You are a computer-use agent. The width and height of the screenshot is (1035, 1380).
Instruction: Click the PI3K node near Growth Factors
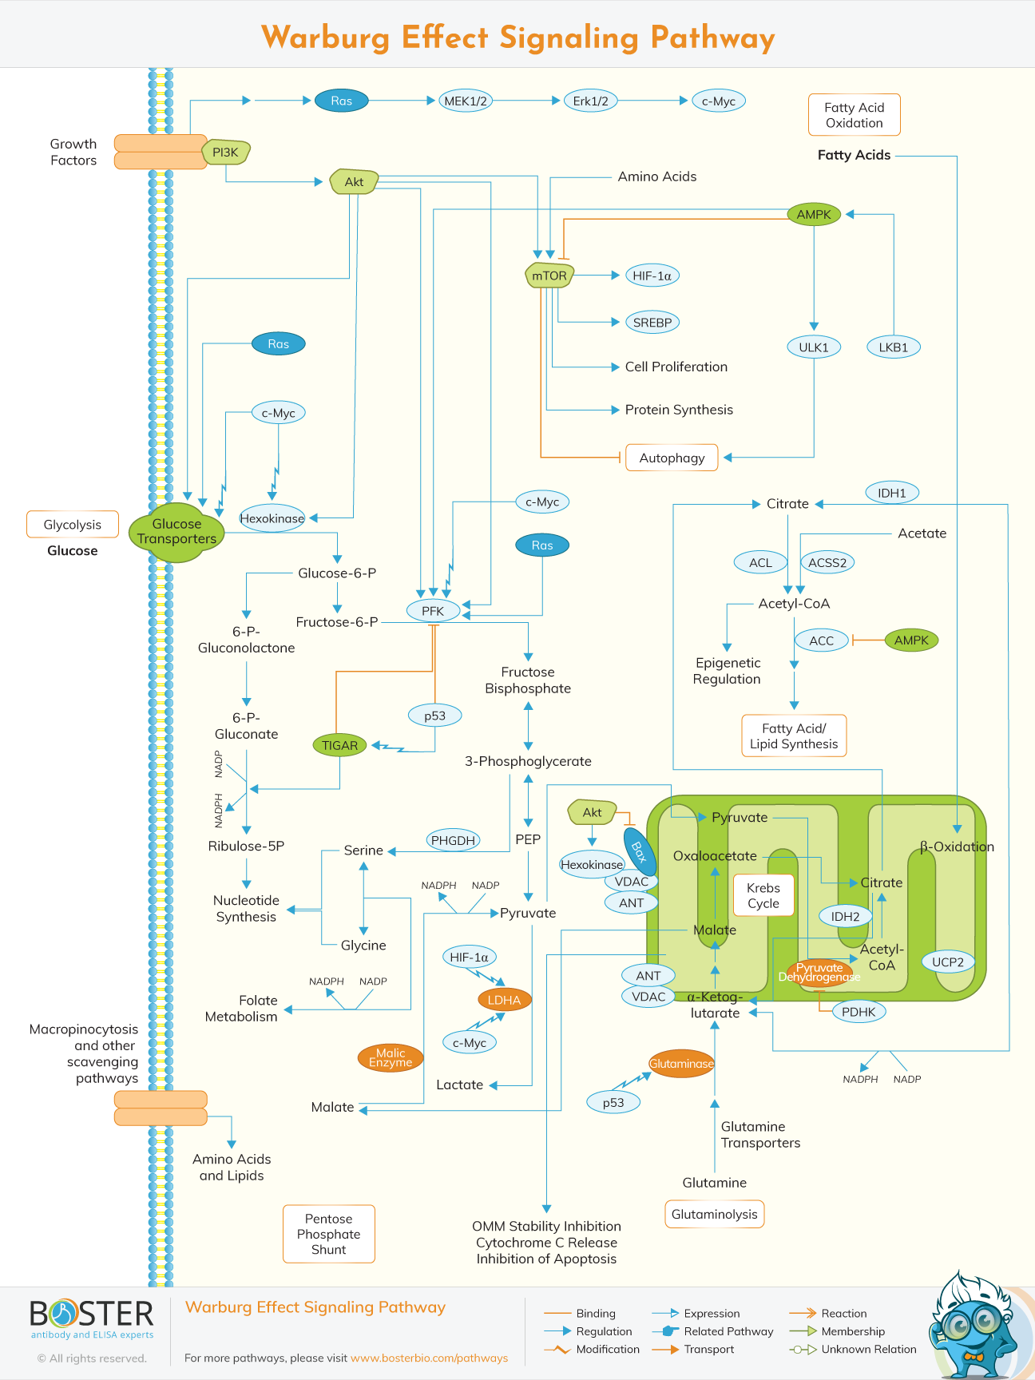tap(226, 152)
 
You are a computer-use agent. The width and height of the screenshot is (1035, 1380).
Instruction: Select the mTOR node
tap(549, 276)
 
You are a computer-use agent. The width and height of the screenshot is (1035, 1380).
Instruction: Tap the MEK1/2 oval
tap(466, 101)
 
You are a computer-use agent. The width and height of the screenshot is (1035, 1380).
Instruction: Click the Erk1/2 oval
tap(591, 101)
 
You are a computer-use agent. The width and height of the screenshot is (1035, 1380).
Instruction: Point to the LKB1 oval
tap(894, 347)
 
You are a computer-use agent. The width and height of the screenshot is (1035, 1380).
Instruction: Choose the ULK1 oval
tap(814, 347)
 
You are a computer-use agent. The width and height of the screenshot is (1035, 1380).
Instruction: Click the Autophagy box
tap(672, 458)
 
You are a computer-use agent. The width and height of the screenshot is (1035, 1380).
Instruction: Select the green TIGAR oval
tap(339, 745)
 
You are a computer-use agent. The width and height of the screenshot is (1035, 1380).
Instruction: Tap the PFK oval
tap(433, 611)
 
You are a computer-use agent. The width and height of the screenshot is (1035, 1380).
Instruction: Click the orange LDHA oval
tap(504, 1000)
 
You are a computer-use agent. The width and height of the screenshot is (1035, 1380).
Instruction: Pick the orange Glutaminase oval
tap(681, 1064)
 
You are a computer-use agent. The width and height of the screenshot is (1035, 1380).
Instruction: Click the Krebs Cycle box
tap(763, 895)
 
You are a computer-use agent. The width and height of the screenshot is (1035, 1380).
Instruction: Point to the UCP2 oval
tap(948, 962)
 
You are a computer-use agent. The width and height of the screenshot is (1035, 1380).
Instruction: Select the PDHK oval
tap(859, 1012)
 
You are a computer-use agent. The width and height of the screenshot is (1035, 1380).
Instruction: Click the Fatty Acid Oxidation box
tap(854, 115)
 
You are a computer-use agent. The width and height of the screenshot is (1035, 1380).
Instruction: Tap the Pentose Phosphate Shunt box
tap(328, 1234)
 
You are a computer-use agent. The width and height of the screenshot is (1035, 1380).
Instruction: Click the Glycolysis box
tap(73, 525)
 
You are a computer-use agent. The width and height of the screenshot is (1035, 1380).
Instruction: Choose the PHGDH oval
tap(453, 840)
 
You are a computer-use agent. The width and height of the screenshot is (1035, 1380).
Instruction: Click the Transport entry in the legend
tap(708, 1349)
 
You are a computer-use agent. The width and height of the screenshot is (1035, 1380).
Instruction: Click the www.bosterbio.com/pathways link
tap(429, 1358)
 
